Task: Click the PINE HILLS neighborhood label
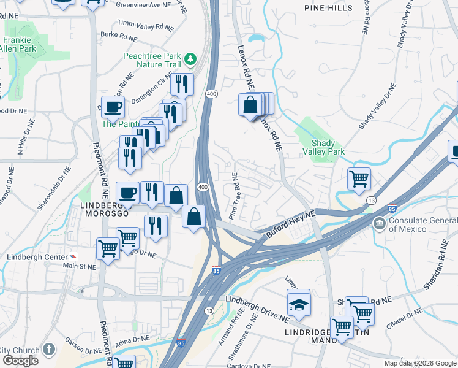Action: tap(328, 8)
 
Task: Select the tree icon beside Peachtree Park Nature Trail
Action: tap(191, 59)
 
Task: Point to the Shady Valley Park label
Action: tap(323, 147)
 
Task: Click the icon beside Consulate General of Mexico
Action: tap(379, 223)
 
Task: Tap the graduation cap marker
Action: tap(298, 305)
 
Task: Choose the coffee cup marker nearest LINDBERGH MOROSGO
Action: tap(127, 193)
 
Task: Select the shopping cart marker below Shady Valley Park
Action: tap(359, 179)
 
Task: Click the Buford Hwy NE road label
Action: tap(290, 224)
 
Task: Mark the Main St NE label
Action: tap(80, 266)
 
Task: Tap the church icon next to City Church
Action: tap(48, 350)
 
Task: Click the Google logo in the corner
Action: tap(21, 361)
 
